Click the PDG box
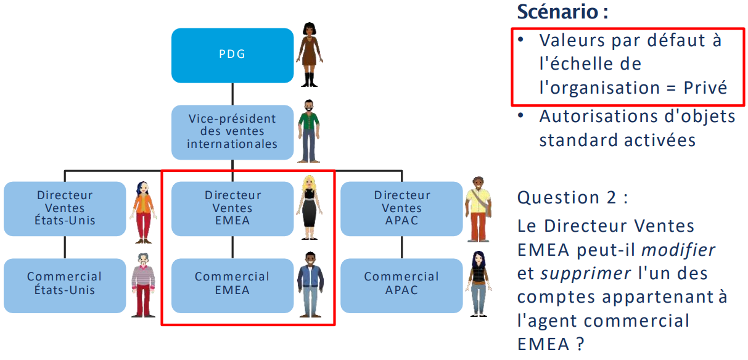tap(232, 55)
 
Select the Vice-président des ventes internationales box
tap(232, 131)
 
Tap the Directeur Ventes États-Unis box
tap(65, 208)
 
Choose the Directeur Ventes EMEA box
tap(232, 208)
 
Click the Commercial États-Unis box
tap(65, 284)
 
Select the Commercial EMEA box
tap(232, 284)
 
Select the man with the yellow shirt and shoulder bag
tap(479, 209)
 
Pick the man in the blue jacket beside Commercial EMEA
tap(309, 284)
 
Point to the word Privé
tap(705, 88)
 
